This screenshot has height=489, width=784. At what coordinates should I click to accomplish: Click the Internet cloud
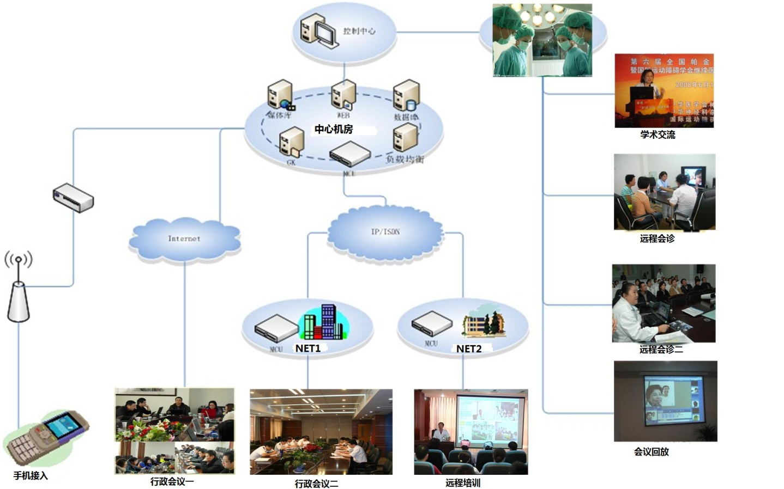point(184,240)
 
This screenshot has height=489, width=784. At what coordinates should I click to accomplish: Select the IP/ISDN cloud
point(385,233)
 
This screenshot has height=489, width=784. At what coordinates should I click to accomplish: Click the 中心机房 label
point(334,129)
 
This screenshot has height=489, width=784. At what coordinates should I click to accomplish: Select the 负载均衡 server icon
point(405,138)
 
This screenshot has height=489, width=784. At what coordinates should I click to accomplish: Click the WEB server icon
point(343,95)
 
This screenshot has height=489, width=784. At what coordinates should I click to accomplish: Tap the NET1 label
point(308,349)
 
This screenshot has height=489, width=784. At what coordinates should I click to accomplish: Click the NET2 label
point(469,349)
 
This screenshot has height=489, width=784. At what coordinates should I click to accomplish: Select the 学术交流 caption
point(658,135)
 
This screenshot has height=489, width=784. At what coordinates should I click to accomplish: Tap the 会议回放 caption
point(651,451)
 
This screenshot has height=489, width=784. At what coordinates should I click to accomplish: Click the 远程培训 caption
point(463,482)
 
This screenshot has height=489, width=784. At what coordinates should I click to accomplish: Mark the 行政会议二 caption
point(316,484)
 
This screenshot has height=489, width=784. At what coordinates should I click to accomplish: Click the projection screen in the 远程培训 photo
point(491,417)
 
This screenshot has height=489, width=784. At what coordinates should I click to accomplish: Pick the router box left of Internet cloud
point(73,198)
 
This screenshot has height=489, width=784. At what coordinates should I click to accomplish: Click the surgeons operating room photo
point(542,40)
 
